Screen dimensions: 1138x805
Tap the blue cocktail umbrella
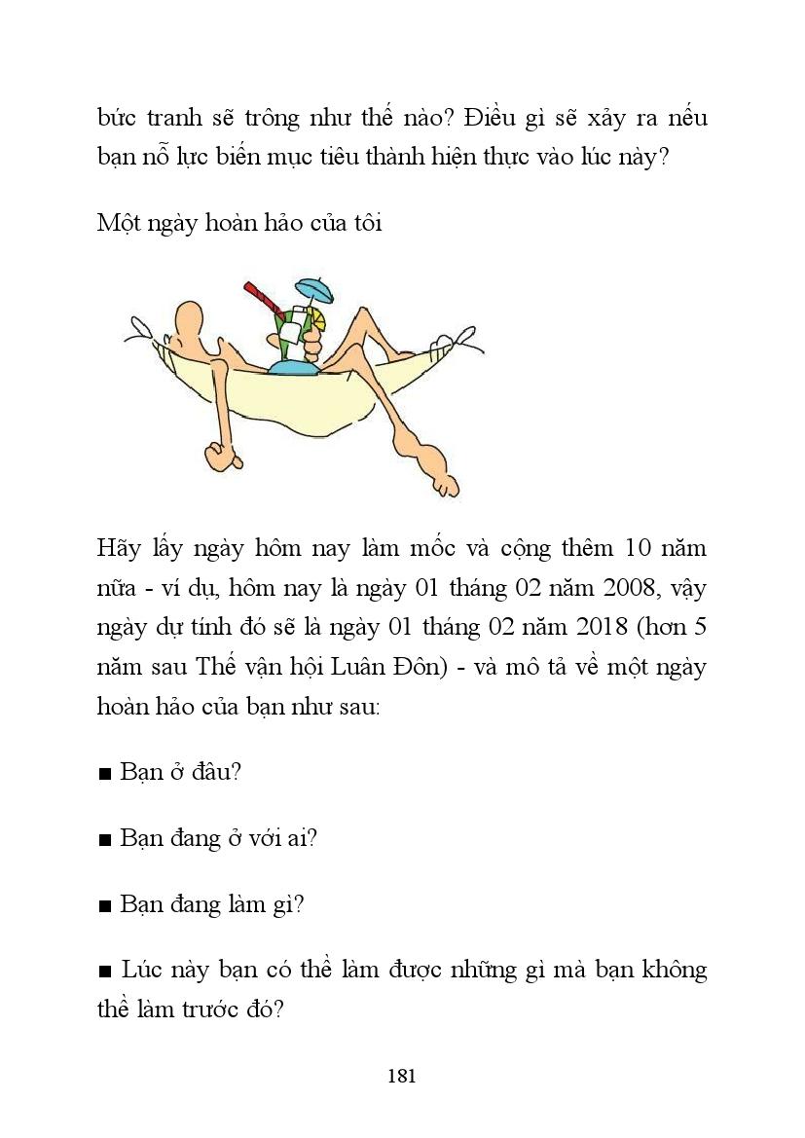314,289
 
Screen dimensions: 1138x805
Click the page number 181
402,1076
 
